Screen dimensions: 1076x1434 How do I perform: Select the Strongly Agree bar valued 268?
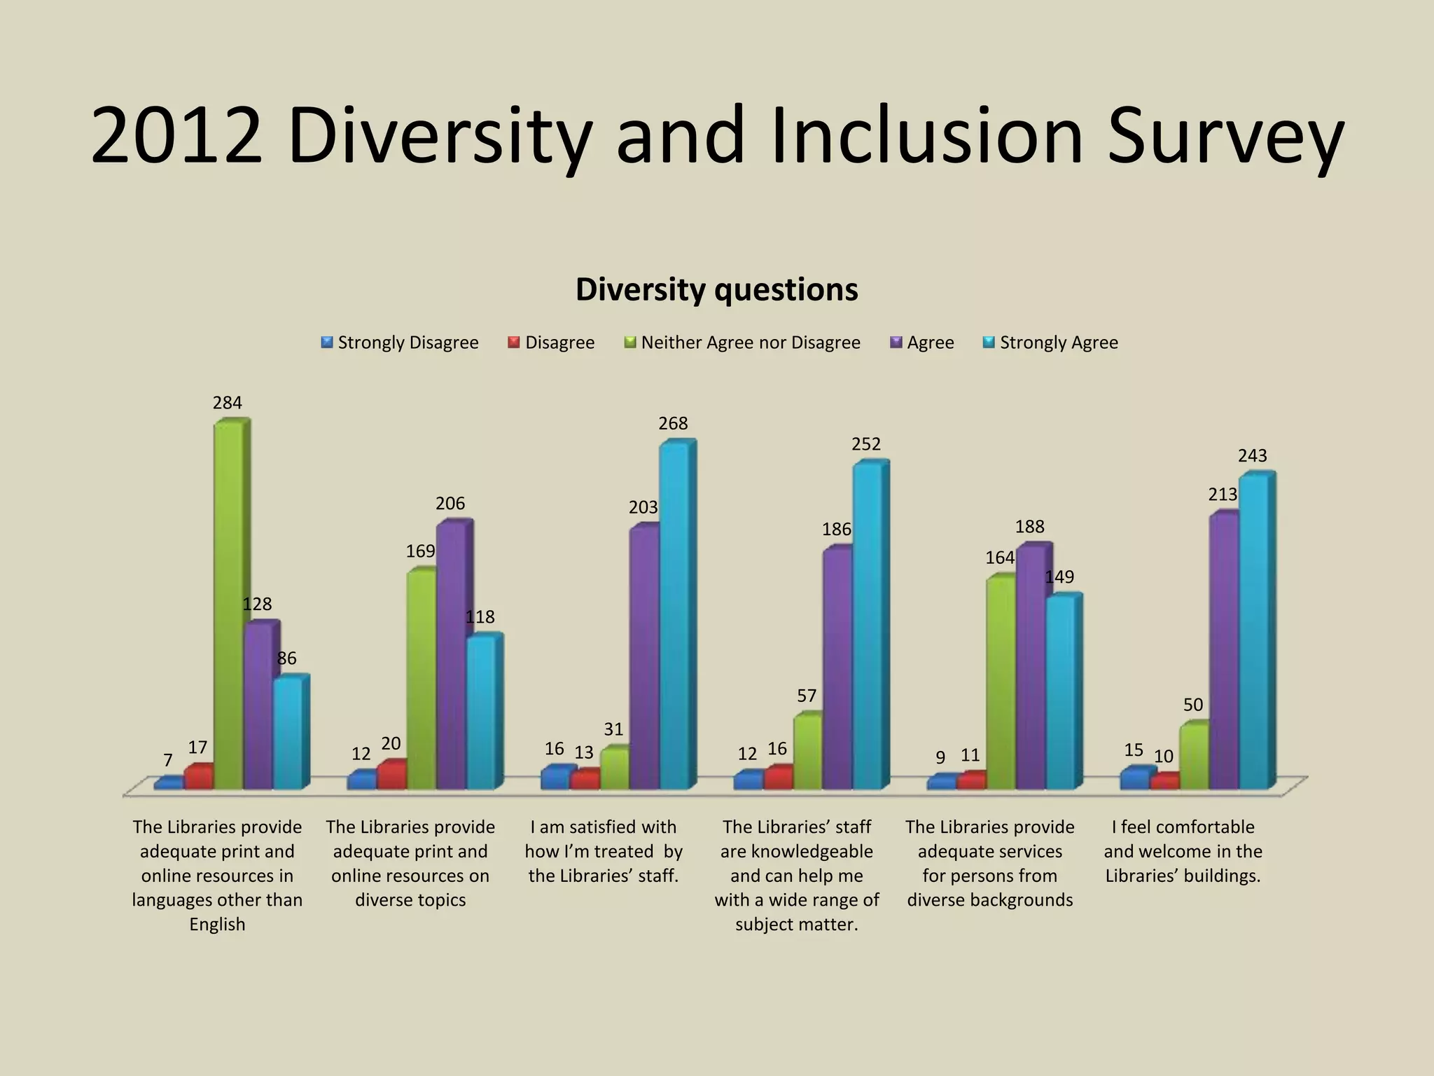pos(674,616)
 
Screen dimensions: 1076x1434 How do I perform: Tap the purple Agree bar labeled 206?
pos(451,655)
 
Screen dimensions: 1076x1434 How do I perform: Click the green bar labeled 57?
pos(807,751)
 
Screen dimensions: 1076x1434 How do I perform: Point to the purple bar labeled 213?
pos(1223,651)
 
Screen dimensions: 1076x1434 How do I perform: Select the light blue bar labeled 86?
pos(287,732)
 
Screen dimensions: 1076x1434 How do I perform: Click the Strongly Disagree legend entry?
pos(400,343)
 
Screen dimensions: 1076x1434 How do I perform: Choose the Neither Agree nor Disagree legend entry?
pos(742,343)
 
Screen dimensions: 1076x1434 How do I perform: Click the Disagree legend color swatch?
pos(514,343)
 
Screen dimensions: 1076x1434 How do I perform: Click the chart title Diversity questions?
pos(716,289)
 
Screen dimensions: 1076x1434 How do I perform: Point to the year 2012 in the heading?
pos(176,137)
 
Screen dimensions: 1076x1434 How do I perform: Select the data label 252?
pos(866,444)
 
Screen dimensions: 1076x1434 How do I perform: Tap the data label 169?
pos(420,551)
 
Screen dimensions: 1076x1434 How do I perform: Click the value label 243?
pos(1252,456)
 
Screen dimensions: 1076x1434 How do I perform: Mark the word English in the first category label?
pos(217,924)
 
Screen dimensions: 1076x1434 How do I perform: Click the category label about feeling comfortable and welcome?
pos(1183,851)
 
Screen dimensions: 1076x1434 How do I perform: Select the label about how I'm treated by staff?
pos(604,851)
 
